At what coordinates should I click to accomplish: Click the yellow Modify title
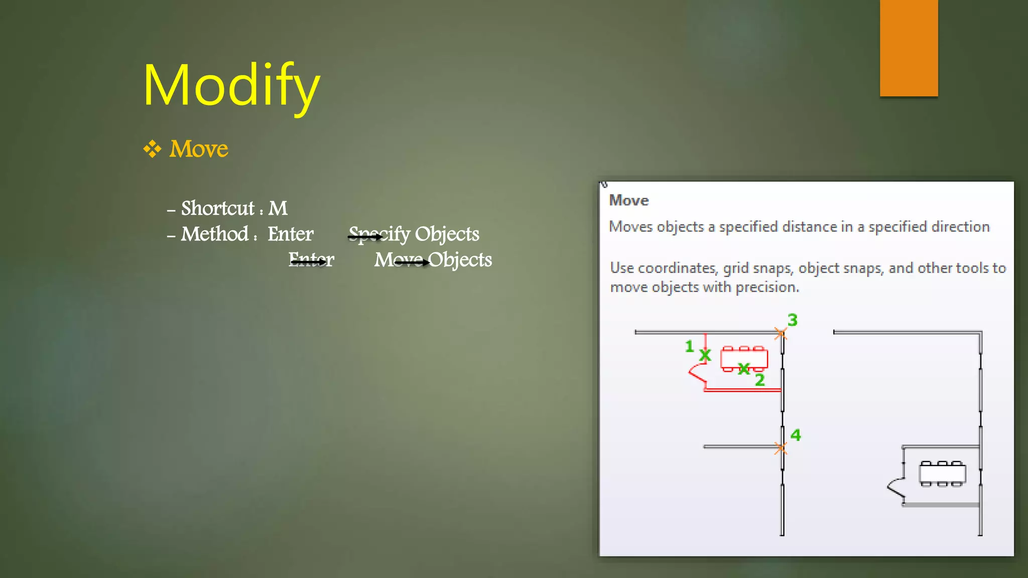(x=231, y=85)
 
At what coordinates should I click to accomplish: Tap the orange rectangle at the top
(x=909, y=48)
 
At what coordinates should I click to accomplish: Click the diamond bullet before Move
(x=152, y=149)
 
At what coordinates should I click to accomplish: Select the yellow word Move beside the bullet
(x=199, y=149)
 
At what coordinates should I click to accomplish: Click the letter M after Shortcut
(x=278, y=208)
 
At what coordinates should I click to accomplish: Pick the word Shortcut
(x=218, y=208)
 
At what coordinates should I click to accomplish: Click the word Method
(x=215, y=234)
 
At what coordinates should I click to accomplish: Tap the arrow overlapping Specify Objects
(x=365, y=237)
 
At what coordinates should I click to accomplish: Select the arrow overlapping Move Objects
(x=412, y=262)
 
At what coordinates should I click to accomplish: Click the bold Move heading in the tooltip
(x=629, y=201)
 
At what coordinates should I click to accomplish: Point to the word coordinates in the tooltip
(x=676, y=268)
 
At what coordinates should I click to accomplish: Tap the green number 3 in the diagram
(x=793, y=320)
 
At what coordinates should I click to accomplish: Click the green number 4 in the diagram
(x=796, y=435)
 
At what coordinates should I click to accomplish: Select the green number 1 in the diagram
(x=689, y=346)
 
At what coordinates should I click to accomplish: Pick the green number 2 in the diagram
(x=760, y=380)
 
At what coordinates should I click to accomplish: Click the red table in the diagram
(x=744, y=358)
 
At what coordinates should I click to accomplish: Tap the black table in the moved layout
(x=942, y=473)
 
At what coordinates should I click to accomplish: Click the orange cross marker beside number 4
(x=781, y=448)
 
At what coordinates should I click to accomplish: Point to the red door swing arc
(x=695, y=374)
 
